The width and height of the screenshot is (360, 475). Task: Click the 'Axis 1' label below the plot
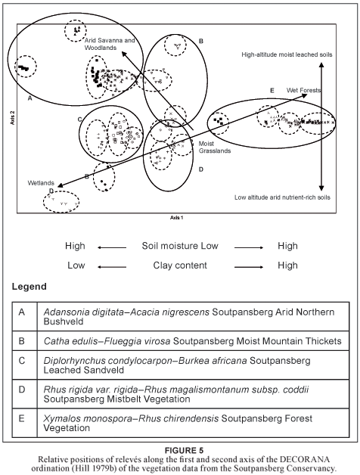177,218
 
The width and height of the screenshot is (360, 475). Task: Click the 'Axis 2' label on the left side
13,118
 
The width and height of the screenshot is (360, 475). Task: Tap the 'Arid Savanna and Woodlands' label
110,44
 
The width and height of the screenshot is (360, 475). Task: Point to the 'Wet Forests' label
303,90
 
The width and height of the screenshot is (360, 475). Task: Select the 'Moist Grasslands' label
215,147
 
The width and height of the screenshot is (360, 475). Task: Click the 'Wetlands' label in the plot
41,183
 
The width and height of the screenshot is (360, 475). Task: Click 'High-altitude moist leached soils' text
287,54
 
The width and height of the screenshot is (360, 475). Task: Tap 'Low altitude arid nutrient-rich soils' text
282,197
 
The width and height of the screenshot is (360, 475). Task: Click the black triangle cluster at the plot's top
76,29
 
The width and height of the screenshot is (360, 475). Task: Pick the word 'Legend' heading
29,286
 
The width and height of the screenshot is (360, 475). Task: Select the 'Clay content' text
180,265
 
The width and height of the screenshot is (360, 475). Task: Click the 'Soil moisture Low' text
180,246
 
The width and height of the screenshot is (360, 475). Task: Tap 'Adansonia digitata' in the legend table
83,312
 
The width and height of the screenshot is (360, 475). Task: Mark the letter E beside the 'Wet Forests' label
272,91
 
